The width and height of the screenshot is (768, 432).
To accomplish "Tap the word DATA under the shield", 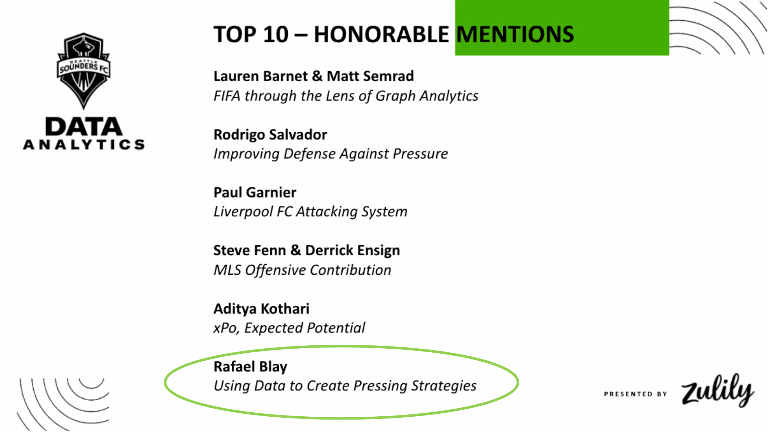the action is pyautogui.click(x=84, y=127).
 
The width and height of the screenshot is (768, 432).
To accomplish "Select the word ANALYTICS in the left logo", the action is pyautogui.click(x=84, y=145).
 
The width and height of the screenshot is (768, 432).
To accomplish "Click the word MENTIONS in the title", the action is pyautogui.click(x=515, y=34).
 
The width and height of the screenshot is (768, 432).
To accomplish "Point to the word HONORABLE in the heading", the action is pyautogui.click(x=381, y=34).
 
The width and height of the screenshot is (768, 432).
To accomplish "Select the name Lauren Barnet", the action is pyautogui.click(x=261, y=76).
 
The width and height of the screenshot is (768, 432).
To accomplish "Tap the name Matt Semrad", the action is pyautogui.click(x=370, y=76).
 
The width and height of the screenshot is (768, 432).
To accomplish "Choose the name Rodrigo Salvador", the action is pyautogui.click(x=270, y=134).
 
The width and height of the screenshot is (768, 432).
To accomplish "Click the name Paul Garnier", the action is pyautogui.click(x=255, y=192).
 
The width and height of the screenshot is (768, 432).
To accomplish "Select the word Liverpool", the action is pyautogui.click(x=243, y=212).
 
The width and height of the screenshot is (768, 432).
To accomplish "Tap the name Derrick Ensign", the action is pyautogui.click(x=353, y=250).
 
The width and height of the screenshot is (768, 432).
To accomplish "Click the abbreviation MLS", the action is pyautogui.click(x=227, y=270).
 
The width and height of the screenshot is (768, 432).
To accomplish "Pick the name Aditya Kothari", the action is pyautogui.click(x=261, y=309).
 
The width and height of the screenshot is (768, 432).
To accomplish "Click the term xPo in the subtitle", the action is pyautogui.click(x=226, y=328).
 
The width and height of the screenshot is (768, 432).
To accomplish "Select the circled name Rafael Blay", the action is pyautogui.click(x=250, y=367).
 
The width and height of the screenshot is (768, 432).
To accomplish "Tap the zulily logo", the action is pyautogui.click(x=717, y=390).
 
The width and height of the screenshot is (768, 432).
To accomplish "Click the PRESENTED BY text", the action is pyautogui.click(x=635, y=394).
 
